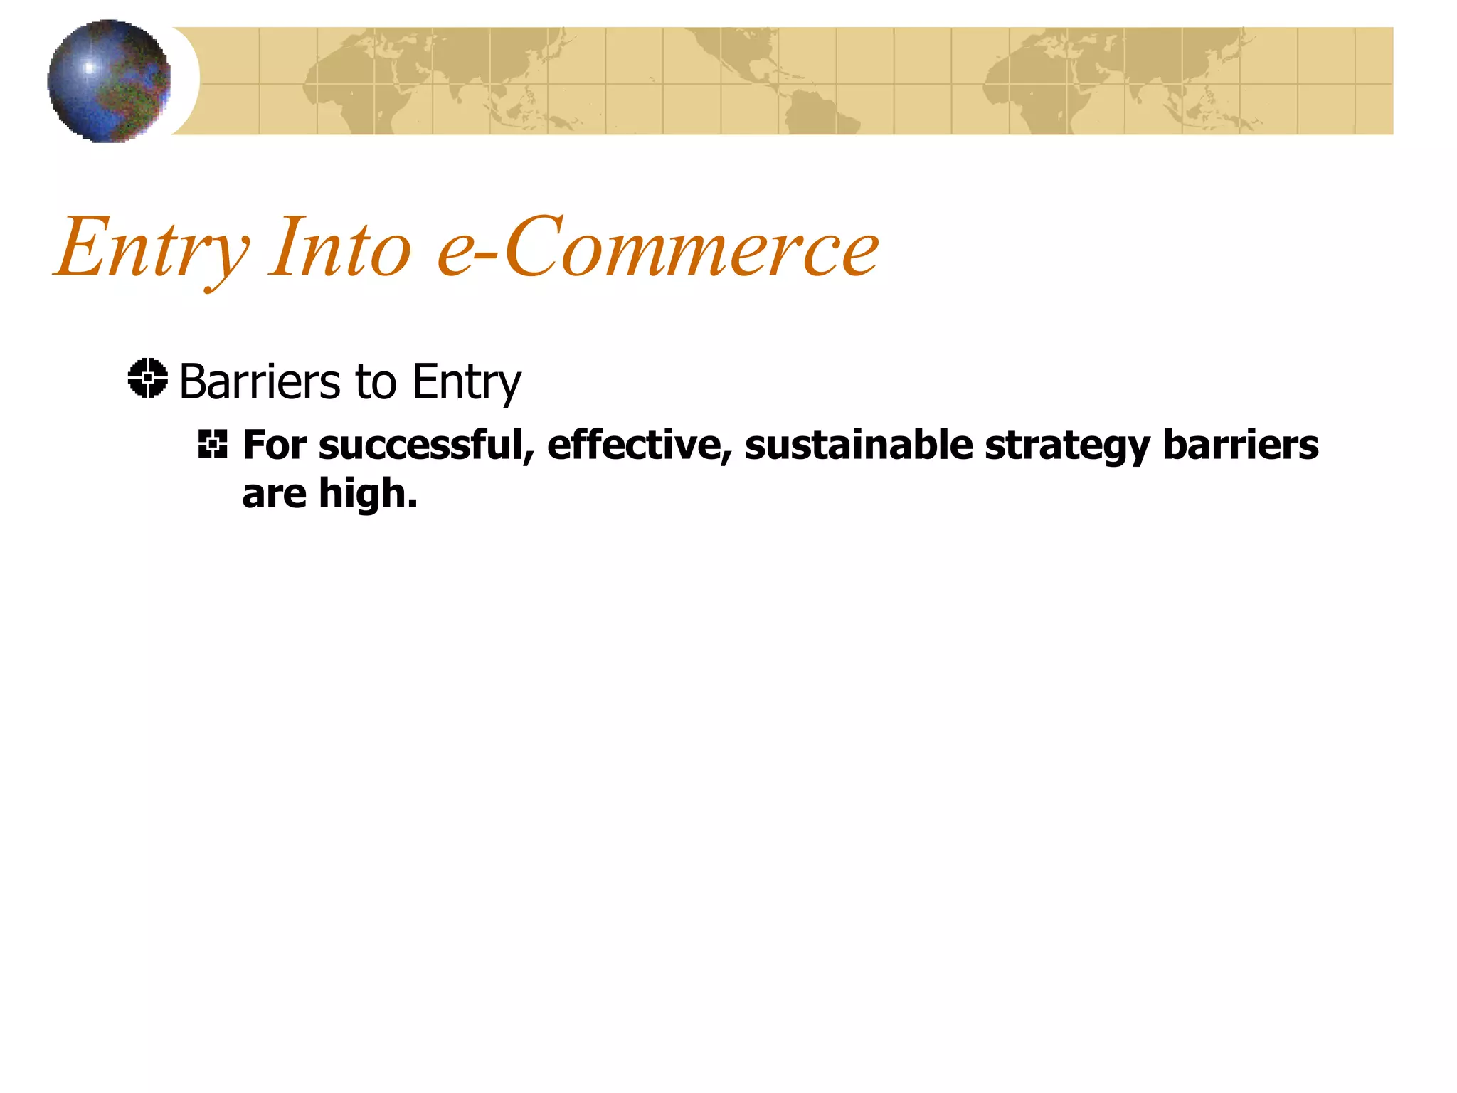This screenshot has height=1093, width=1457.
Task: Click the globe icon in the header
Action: [x=109, y=80]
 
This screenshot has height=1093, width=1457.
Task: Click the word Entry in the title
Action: [x=152, y=248]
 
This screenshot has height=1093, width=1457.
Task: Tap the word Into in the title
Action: [x=340, y=248]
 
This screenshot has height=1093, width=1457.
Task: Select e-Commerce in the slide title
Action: [x=658, y=248]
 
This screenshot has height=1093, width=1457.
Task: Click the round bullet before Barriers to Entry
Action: [x=148, y=379]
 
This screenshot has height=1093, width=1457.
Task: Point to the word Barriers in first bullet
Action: [x=260, y=382]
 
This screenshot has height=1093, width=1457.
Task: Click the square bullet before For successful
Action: [x=213, y=444]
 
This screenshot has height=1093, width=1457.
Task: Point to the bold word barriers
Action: [x=1241, y=446]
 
